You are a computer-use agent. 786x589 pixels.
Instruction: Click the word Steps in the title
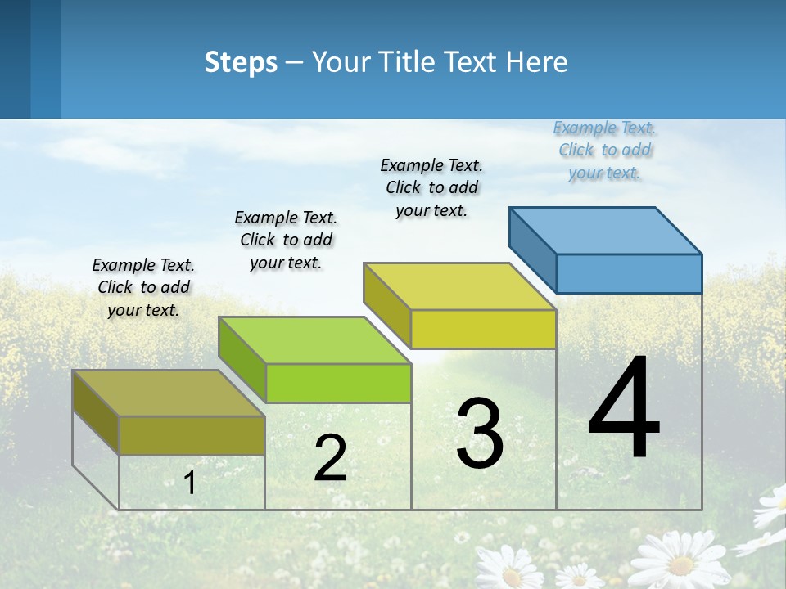pyautogui.click(x=241, y=62)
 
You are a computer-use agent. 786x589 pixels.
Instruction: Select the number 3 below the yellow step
pyautogui.click(x=480, y=434)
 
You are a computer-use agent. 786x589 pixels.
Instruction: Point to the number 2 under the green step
pyautogui.click(x=330, y=458)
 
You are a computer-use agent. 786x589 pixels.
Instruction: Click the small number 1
pyautogui.click(x=190, y=483)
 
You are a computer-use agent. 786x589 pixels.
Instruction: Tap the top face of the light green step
pyautogui.click(x=314, y=340)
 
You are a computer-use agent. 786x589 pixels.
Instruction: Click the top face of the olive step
pyautogui.click(x=169, y=393)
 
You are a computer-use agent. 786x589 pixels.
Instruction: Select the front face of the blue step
pyautogui.click(x=629, y=273)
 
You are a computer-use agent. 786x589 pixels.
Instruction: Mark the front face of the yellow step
pyautogui.click(x=483, y=329)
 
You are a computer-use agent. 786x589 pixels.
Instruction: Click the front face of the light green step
pyautogui.click(x=338, y=383)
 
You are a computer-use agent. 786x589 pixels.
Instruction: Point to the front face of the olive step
pyautogui.click(x=192, y=435)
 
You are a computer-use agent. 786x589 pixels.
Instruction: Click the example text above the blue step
pyautogui.click(x=604, y=151)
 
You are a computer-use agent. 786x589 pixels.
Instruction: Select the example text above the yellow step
pyautogui.click(x=431, y=187)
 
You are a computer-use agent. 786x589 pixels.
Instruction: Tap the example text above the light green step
pyautogui.click(x=286, y=240)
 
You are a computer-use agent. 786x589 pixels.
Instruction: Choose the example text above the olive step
pyautogui.click(x=143, y=287)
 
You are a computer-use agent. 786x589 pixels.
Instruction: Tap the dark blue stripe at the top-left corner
pyautogui.click(x=15, y=57)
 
